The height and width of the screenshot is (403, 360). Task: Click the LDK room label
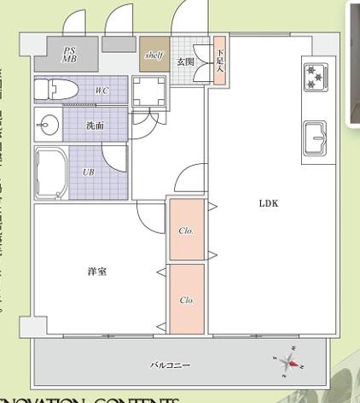pos(270,204)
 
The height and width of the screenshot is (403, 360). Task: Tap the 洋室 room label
pos(96,272)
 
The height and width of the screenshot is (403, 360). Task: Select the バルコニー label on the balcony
pos(170,365)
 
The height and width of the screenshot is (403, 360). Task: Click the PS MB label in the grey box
pos(69,55)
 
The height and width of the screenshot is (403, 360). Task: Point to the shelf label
pos(154,55)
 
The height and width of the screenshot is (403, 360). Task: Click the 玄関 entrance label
pos(185,62)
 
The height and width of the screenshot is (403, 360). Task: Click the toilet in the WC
pos(61,90)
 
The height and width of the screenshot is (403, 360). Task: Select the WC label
pos(102,90)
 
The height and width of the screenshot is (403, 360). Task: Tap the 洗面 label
pos(95,126)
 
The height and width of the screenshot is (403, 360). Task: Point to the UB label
pos(88,172)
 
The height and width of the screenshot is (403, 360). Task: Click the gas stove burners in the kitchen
pos(314,77)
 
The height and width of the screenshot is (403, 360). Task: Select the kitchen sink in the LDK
pos(316,136)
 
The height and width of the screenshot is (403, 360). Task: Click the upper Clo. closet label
pos(186,231)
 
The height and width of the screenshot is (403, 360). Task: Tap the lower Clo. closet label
pos(186,300)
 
